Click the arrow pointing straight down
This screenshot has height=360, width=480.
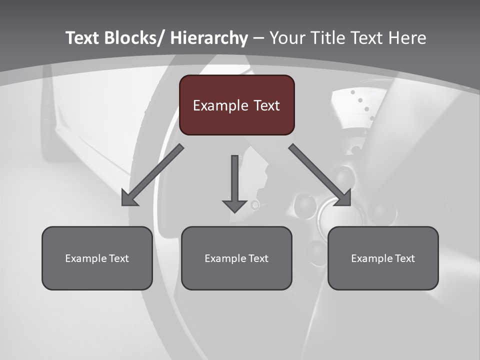(234, 182)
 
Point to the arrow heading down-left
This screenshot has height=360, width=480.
(152, 175)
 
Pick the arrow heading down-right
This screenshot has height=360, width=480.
(320, 175)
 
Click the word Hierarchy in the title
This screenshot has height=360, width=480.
(209, 38)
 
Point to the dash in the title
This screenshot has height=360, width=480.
(258, 38)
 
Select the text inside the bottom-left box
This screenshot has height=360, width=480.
(97, 258)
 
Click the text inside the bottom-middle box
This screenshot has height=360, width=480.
(236, 258)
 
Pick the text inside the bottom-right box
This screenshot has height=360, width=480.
(383, 258)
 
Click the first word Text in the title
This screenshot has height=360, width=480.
(83, 38)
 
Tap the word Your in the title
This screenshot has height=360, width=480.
(287, 38)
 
